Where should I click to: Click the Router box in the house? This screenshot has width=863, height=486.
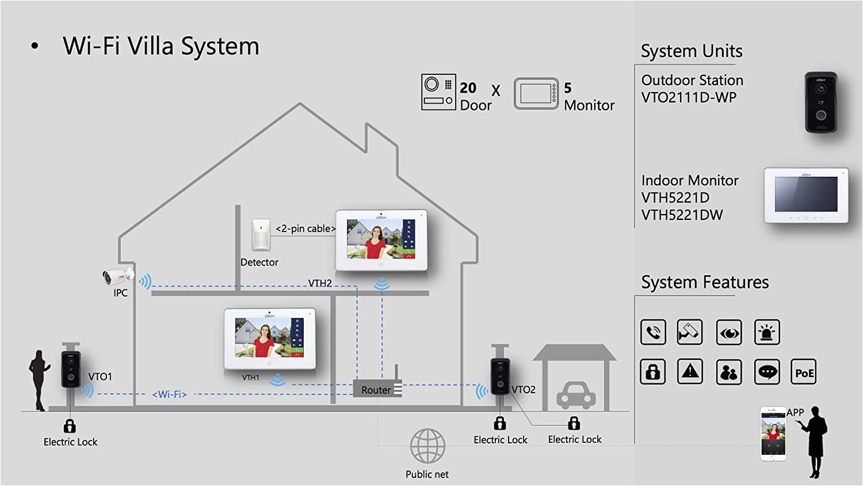tap(377, 389)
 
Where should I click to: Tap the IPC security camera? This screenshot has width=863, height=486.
tap(117, 276)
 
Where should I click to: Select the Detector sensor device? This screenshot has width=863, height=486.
tap(261, 235)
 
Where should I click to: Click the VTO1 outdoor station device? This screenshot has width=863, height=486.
tap(71, 369)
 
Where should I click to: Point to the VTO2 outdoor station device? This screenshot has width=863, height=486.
tap(500, 377)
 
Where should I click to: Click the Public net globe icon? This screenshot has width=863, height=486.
tap(427, 446)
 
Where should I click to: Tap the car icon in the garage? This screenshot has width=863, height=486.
tap(575, 395)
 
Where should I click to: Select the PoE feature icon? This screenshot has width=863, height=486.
tap(804, 373)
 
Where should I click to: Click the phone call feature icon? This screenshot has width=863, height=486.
tap(653, 332)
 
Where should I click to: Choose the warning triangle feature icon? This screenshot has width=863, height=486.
tap(690, 372)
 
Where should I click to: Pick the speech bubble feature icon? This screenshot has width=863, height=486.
tap(767, 373)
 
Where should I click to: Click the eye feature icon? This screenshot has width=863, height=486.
tap(728, 333)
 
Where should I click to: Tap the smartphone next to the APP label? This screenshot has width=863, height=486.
tap(773, 434)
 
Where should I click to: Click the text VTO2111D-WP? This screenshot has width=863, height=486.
tap(689, 97)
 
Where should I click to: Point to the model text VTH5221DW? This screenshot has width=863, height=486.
tap(682, 215)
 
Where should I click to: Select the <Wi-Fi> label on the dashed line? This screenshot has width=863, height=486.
tap(170, 394)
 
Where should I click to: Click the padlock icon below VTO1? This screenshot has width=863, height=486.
tap(70, 426)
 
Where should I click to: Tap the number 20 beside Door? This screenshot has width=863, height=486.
tap(468, 88)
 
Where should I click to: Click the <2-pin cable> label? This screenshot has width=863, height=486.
tap(305, 229)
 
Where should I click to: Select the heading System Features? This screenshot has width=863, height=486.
tap(705, 282)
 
